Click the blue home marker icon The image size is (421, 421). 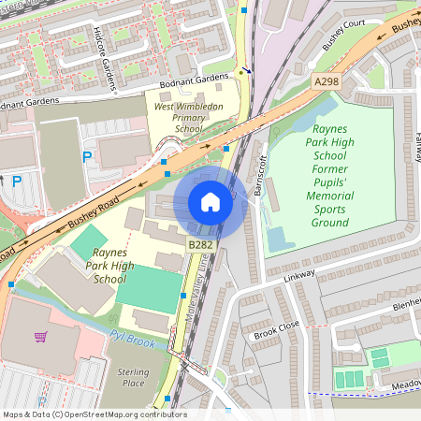(x=210, y=202)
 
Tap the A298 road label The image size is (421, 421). (x=326, y=82)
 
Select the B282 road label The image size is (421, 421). (x=201, y=245)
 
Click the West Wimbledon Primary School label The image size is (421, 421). (x=189, y=119)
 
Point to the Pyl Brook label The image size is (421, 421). (x=131, y=339)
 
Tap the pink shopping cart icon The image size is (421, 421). (x=40, y=336)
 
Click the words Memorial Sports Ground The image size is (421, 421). (x=328, y=210)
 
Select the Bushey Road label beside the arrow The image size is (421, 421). (x=93, y=212)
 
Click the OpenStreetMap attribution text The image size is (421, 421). (x=94, y=414)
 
